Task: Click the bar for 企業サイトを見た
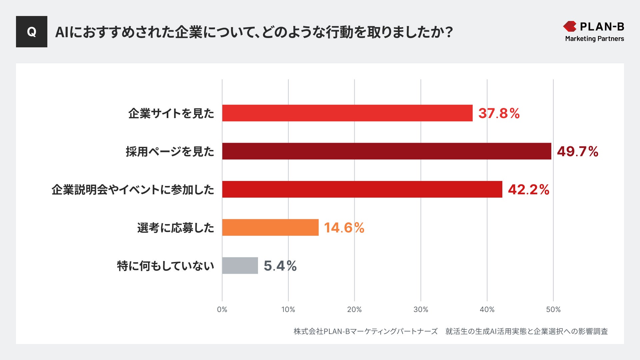pos(347,113)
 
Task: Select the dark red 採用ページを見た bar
pos(387,151)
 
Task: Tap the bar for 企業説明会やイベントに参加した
pos(362,189)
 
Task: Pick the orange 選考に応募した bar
pos(270,227)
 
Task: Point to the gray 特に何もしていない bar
pos(240,266)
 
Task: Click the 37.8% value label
pos(499,113)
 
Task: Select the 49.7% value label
pos(578,152)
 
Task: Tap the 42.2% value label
pos(529,190)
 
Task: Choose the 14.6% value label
pos(344,228)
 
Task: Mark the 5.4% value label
pos(280,266)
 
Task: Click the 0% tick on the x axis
pos(222,310)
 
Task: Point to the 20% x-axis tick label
pos(354,310)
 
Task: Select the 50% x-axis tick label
pos(553,310)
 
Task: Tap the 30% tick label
pos(421,310)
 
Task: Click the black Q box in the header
pos(32,32)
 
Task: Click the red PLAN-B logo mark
pos(570,26)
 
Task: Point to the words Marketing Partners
pos(594,39)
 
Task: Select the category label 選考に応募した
pos(176,228)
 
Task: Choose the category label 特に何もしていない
pos(165,266)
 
